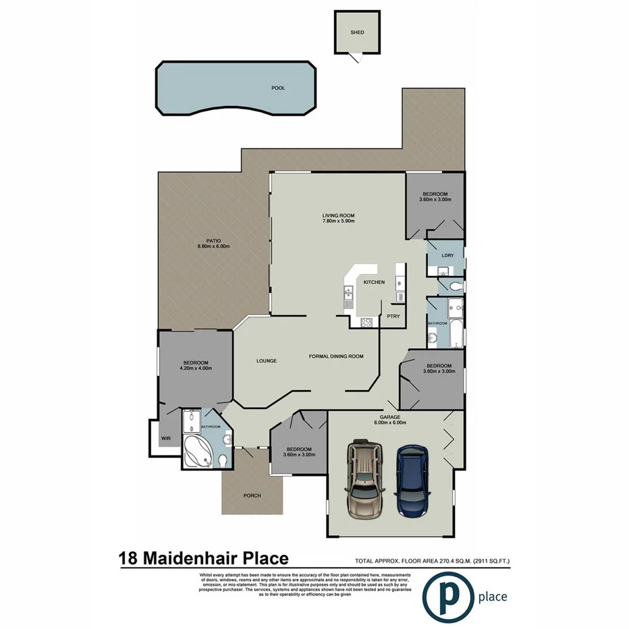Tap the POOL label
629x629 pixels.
(x=278, y=88)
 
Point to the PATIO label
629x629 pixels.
(x=214, y=241)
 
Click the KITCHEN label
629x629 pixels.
(x=374, y=282)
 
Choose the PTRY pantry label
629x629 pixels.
(x=393, y=316)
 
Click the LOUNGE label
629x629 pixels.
(x=267, y=360)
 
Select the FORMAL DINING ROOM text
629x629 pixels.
(x=336, y=356)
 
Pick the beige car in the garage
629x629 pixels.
(x=363, y=480)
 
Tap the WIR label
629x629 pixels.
(x=167, y=439)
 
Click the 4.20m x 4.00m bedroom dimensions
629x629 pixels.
(x=196, y=368)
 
